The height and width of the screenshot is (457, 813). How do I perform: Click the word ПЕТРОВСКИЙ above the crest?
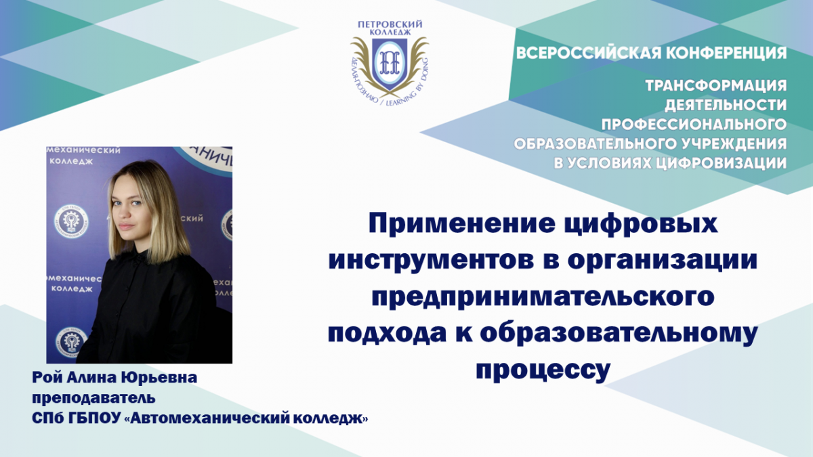(390, 24)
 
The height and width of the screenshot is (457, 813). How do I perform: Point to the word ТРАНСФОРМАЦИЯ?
(716, 85)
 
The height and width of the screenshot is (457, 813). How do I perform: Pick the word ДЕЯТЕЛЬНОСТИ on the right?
(726, 105)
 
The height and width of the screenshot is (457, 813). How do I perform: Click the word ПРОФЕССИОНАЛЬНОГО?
(694, 125)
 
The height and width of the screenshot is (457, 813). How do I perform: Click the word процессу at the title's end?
(543, 372)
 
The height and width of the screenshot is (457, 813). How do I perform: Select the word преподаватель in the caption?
(93, 399)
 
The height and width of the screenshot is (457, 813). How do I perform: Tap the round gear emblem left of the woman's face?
(70, 222)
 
